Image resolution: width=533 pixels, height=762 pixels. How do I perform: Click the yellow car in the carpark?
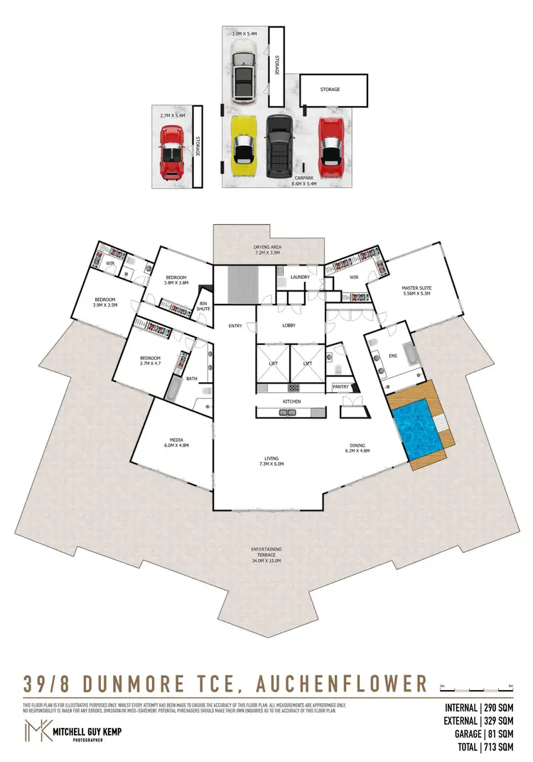[244, 146]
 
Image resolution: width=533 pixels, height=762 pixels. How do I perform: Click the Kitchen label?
[291, 402]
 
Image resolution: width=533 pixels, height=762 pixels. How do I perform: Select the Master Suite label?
[416, 288]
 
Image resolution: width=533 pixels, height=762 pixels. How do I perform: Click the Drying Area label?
[267, 247]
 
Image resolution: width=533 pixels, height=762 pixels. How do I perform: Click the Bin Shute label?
[204, 305]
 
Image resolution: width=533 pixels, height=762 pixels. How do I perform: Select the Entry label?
[235, 326]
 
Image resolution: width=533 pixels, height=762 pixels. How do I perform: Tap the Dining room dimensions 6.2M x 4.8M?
[358, 450]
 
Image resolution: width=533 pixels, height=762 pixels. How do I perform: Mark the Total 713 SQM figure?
[480, 747]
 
